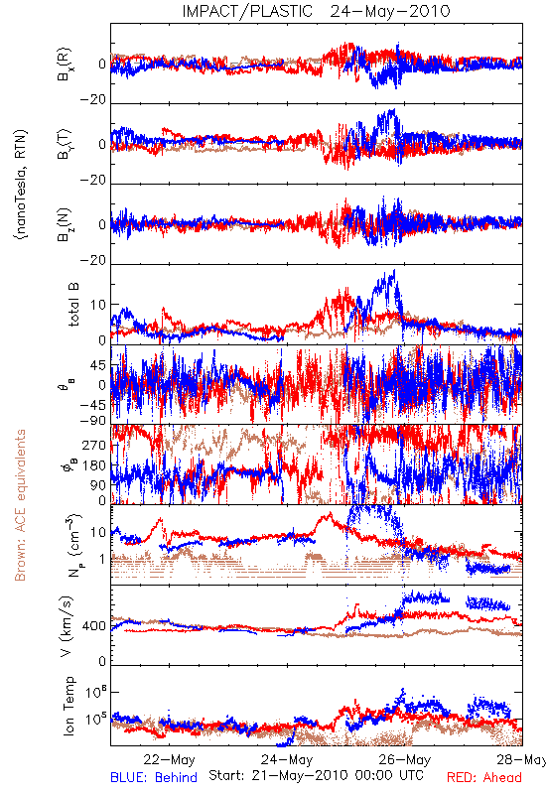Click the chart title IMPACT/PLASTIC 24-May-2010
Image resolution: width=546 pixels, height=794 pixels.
click(316, 11)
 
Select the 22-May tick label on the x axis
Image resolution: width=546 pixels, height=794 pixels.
click(169, 759)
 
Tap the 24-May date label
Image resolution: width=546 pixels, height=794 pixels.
click(287, 759)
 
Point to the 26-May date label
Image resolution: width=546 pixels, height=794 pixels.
click(405, 759)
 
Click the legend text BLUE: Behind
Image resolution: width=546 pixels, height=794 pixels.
click(154, 777)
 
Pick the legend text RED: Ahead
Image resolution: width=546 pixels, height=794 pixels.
click(483, 777)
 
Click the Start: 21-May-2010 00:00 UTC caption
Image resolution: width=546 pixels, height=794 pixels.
click(316, 775)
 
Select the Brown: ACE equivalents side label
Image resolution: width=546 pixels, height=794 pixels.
click(20, 505)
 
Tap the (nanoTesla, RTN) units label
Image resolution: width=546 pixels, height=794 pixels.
click(21, 184)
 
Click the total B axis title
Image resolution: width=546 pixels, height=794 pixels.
click(73, 305)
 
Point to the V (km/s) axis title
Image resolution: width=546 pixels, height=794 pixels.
click(67, 626)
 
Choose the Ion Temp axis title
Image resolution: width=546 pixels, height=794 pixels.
click(68, 706)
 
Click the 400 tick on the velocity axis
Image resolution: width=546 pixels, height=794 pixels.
click(94, 626)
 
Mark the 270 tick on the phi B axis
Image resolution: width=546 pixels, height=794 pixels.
click(94, 445)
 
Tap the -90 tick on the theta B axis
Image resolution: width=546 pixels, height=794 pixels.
click(92, 421)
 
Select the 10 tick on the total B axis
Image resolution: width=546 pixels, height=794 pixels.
click(98, 305)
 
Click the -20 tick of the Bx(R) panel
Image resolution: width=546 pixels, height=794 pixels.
click(93, 100)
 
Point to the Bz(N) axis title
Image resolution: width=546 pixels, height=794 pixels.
click(65, 224)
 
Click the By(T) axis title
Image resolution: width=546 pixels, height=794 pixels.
click(65, 144)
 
